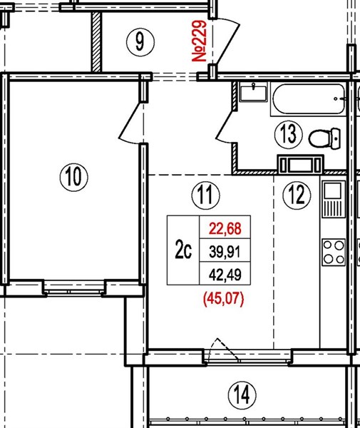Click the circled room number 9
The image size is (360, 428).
coord(140,42)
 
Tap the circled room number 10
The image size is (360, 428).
coord(74,177)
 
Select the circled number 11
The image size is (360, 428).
coord(205,195)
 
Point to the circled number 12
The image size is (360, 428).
coord(297,195)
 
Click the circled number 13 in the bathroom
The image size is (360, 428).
coord(289,134)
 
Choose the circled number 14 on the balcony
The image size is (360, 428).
coord(242,394)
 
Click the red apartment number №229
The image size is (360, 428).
coord(199,41)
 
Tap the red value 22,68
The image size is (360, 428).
coord(225,228)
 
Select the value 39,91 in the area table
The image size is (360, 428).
coord(225,251)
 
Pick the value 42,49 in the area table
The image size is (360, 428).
coord(225,275)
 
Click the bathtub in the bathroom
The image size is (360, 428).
coord(309,99)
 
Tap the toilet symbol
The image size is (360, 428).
coord(325,138)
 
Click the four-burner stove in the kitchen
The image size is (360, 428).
coord(334,252)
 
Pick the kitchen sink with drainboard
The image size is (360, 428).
coord(334,199)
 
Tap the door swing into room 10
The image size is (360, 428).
coord(130,122)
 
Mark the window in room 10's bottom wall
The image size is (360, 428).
coord(74,289)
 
